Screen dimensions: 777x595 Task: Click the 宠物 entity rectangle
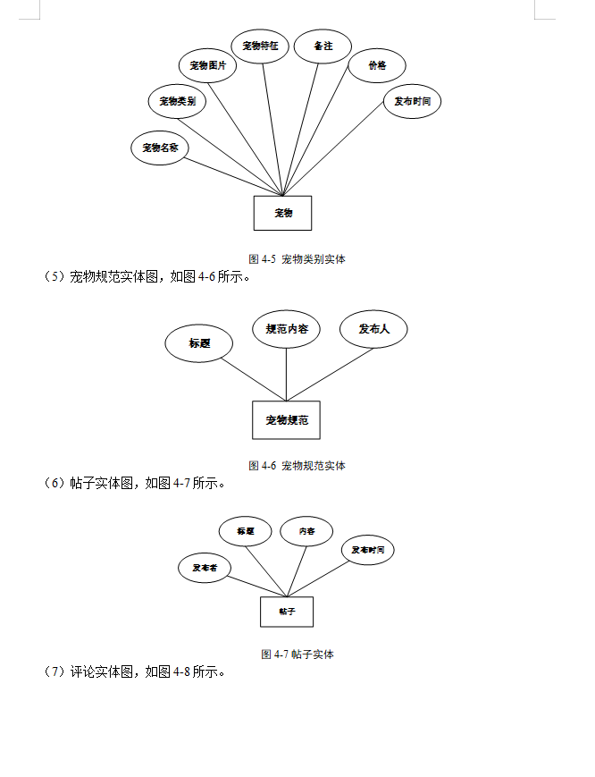[282, 213]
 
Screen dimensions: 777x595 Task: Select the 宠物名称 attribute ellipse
[161, 148]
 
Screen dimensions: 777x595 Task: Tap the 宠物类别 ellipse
[177, 101]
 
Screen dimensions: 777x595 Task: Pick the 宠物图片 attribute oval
[207, 65]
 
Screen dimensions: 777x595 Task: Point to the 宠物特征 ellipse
[260, 46]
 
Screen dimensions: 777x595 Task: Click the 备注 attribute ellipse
[323, 46]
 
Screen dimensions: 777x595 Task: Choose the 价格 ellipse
[377, 65]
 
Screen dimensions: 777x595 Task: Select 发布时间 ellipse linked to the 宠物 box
[412, 101]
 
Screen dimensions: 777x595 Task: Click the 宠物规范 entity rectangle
[286, 419]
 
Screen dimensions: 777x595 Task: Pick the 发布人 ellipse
[373, 329]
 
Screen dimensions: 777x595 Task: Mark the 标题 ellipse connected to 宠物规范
[199, 343]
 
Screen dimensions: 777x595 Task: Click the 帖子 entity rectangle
[286, 612]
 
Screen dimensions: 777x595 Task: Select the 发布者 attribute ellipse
[204, 568]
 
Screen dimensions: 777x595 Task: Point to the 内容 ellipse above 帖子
[306, 531]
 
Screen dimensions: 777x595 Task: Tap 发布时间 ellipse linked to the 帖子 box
[367, 550]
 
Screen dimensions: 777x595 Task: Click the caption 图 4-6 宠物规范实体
[297, 465]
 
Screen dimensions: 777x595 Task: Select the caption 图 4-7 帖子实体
[297, 654]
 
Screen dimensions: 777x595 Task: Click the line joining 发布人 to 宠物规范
[331, 374]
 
